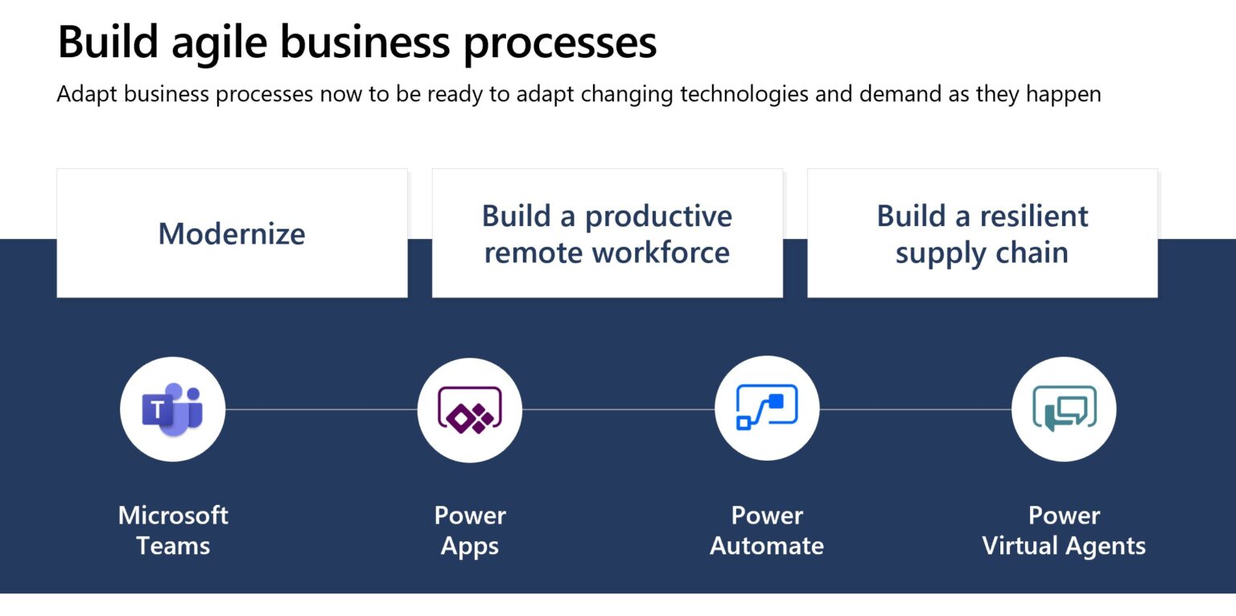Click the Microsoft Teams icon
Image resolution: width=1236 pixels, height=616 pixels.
point(172,409)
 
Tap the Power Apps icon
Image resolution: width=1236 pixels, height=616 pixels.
point(469,409)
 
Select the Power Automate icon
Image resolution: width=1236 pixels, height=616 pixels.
point(766,409)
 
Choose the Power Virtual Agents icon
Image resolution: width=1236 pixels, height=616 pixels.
point(1063,409)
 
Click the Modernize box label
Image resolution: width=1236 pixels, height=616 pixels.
point(232,234)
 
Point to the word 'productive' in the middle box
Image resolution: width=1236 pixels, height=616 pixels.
point(658,216)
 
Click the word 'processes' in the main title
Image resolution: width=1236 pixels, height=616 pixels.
point(560,43)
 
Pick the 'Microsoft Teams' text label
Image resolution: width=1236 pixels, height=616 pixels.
point(173,530)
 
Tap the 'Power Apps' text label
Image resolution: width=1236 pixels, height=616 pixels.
point(470,530)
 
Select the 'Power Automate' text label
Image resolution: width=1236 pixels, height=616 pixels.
point(766,530)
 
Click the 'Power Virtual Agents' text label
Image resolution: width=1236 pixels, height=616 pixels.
point(1064,530)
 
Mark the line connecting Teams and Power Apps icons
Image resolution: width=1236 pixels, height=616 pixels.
point(321,409)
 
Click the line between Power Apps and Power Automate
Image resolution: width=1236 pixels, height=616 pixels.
point(618,409)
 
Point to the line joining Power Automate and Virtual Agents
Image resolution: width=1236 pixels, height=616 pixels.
point(915,409)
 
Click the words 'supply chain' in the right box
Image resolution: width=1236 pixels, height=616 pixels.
point(982,253)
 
